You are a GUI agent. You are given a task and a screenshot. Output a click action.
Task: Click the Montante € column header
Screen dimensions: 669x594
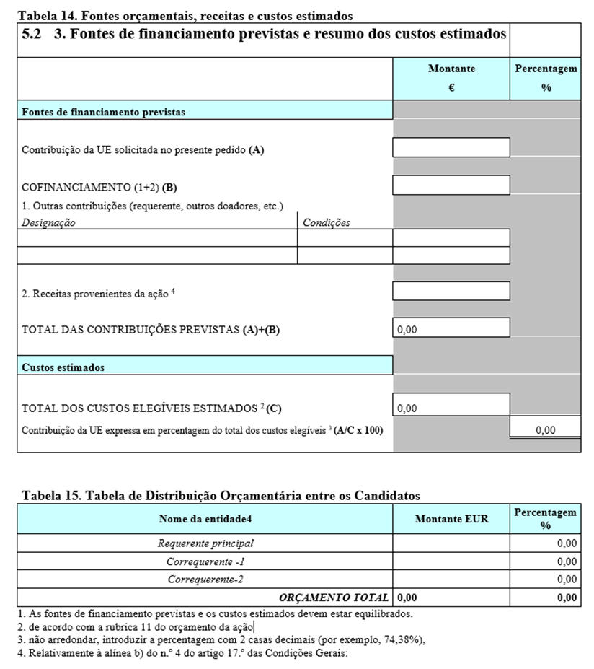click(451, 78)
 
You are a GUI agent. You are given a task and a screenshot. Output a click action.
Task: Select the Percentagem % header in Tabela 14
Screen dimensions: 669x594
click(546, 78)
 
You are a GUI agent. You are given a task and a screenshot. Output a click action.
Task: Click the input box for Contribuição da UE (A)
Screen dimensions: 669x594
click(451, 147)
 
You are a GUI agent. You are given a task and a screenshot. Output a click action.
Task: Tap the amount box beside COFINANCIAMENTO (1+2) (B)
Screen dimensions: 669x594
click(451, 185)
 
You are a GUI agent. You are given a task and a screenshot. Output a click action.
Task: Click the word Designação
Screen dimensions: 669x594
click(49, 222)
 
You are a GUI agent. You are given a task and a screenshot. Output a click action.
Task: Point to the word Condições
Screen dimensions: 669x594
click(326, 222)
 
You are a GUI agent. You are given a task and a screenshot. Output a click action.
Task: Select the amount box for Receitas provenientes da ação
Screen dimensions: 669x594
click(451, 291)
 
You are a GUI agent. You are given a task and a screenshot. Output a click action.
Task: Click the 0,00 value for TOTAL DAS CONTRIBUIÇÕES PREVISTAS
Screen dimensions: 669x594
click(407, 329)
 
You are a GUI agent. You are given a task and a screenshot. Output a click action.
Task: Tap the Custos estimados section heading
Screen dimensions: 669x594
click(63, 367)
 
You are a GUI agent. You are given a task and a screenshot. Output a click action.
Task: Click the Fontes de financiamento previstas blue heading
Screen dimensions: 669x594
click(104, 112)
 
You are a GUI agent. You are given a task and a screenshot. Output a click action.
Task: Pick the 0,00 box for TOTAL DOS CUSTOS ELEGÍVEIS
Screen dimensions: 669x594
click(407, 408)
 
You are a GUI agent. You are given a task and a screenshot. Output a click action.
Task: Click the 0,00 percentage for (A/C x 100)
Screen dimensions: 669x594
click(546, 430)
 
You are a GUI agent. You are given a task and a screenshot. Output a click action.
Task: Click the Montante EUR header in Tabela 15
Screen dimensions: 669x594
click(451, 519)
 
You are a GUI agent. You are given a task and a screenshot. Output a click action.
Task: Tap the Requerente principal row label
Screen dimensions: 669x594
click(205, 543)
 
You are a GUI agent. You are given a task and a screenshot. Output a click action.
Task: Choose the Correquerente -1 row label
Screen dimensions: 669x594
click(205, 561)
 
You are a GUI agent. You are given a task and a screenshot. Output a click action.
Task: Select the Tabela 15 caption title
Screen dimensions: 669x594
click(221, 495)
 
